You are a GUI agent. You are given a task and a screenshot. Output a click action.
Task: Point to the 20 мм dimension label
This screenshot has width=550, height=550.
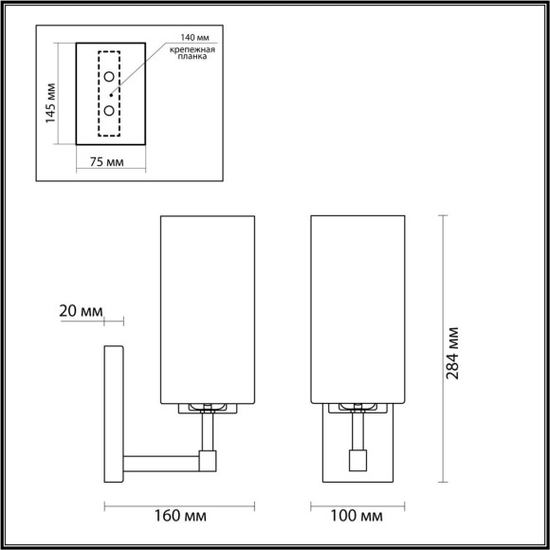pyautogui.click(x=80, y=311)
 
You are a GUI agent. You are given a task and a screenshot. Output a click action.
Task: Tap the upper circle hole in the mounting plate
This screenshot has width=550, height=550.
pyautogui.click(x=110, y=76)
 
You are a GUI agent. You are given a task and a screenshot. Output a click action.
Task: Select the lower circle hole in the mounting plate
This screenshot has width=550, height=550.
pyautogui.click(x=110, y=111)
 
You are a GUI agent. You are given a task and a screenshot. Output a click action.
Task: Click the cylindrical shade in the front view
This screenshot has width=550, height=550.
pyautogui.click(x=358, y=308)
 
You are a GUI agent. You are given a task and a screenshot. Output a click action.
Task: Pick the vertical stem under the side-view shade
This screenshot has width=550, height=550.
pyautogui.click(x=208, y=432)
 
